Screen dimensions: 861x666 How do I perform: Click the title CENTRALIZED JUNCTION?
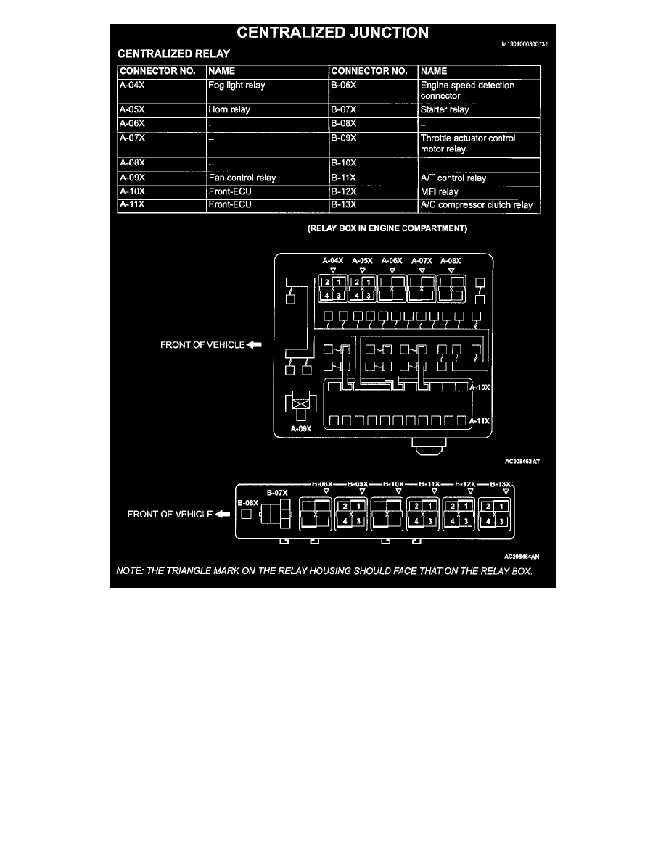[x=332, y=33]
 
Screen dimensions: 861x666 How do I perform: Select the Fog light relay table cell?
[x=237, y=86]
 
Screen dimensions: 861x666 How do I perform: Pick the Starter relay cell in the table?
[x=445, y=110]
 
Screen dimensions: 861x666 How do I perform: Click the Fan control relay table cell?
[x=242, y=178]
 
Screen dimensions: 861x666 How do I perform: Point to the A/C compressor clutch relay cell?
[x=476, y=205]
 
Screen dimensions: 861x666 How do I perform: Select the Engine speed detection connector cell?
[x=467, y=90]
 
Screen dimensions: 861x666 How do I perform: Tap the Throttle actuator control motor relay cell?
[x=467, y=143]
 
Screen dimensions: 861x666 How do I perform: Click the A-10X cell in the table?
[x=133, y=192]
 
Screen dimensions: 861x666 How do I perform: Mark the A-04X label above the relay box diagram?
[x=333, y=260]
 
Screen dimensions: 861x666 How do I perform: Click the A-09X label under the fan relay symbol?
[x=300, y=428]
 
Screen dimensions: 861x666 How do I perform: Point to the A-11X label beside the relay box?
[x=480, y=420]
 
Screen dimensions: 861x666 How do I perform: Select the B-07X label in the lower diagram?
[x=277, y=493]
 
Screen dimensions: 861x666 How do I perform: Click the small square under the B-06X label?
[x=247, y=514]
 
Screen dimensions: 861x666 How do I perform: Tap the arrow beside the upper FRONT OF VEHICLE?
[x=253, y=345]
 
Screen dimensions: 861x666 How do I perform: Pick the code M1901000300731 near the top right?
[x=521, y=44]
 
